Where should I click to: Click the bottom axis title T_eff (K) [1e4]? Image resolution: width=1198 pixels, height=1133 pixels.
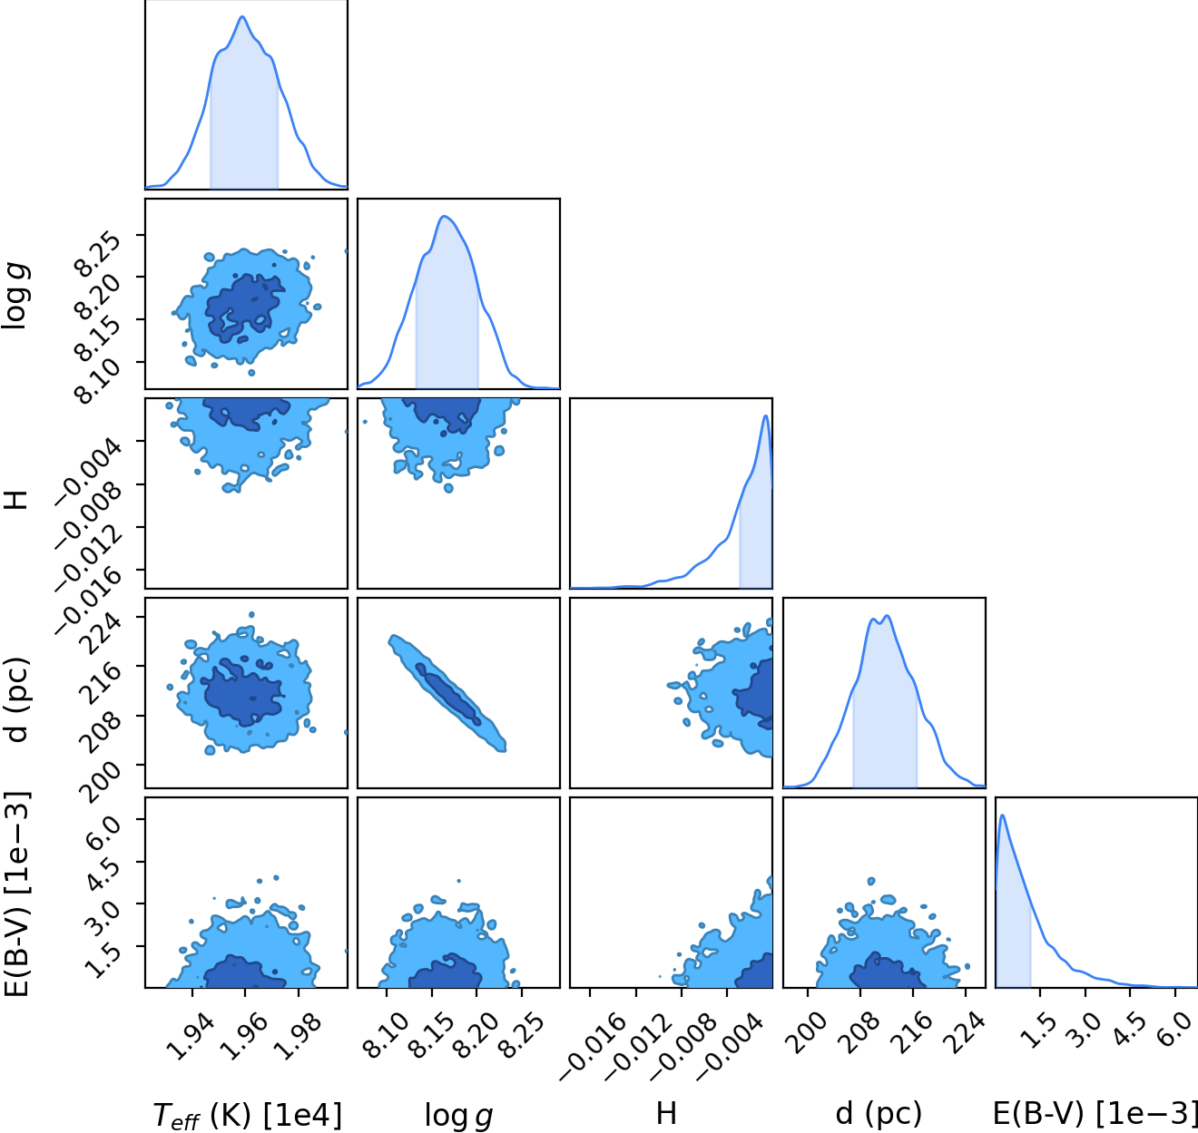click(247, 1116)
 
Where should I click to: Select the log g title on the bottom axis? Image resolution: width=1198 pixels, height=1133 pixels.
click(458, 1116)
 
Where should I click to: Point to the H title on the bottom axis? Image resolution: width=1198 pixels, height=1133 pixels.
click(666, 1113)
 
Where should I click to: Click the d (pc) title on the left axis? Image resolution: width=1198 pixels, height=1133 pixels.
click(16, 700)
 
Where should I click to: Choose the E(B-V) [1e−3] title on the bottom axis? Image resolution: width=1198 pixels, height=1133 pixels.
click(1095, 1114)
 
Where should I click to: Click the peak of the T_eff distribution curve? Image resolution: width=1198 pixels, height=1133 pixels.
click(242, 16)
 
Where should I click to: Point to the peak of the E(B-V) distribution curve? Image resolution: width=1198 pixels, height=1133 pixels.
click(1002, 816)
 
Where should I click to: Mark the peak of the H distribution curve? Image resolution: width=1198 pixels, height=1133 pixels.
click(766, 416)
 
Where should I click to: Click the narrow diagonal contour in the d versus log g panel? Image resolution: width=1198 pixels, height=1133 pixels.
click(447, 693)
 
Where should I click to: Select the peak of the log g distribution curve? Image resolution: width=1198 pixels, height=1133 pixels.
click(445, 216)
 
